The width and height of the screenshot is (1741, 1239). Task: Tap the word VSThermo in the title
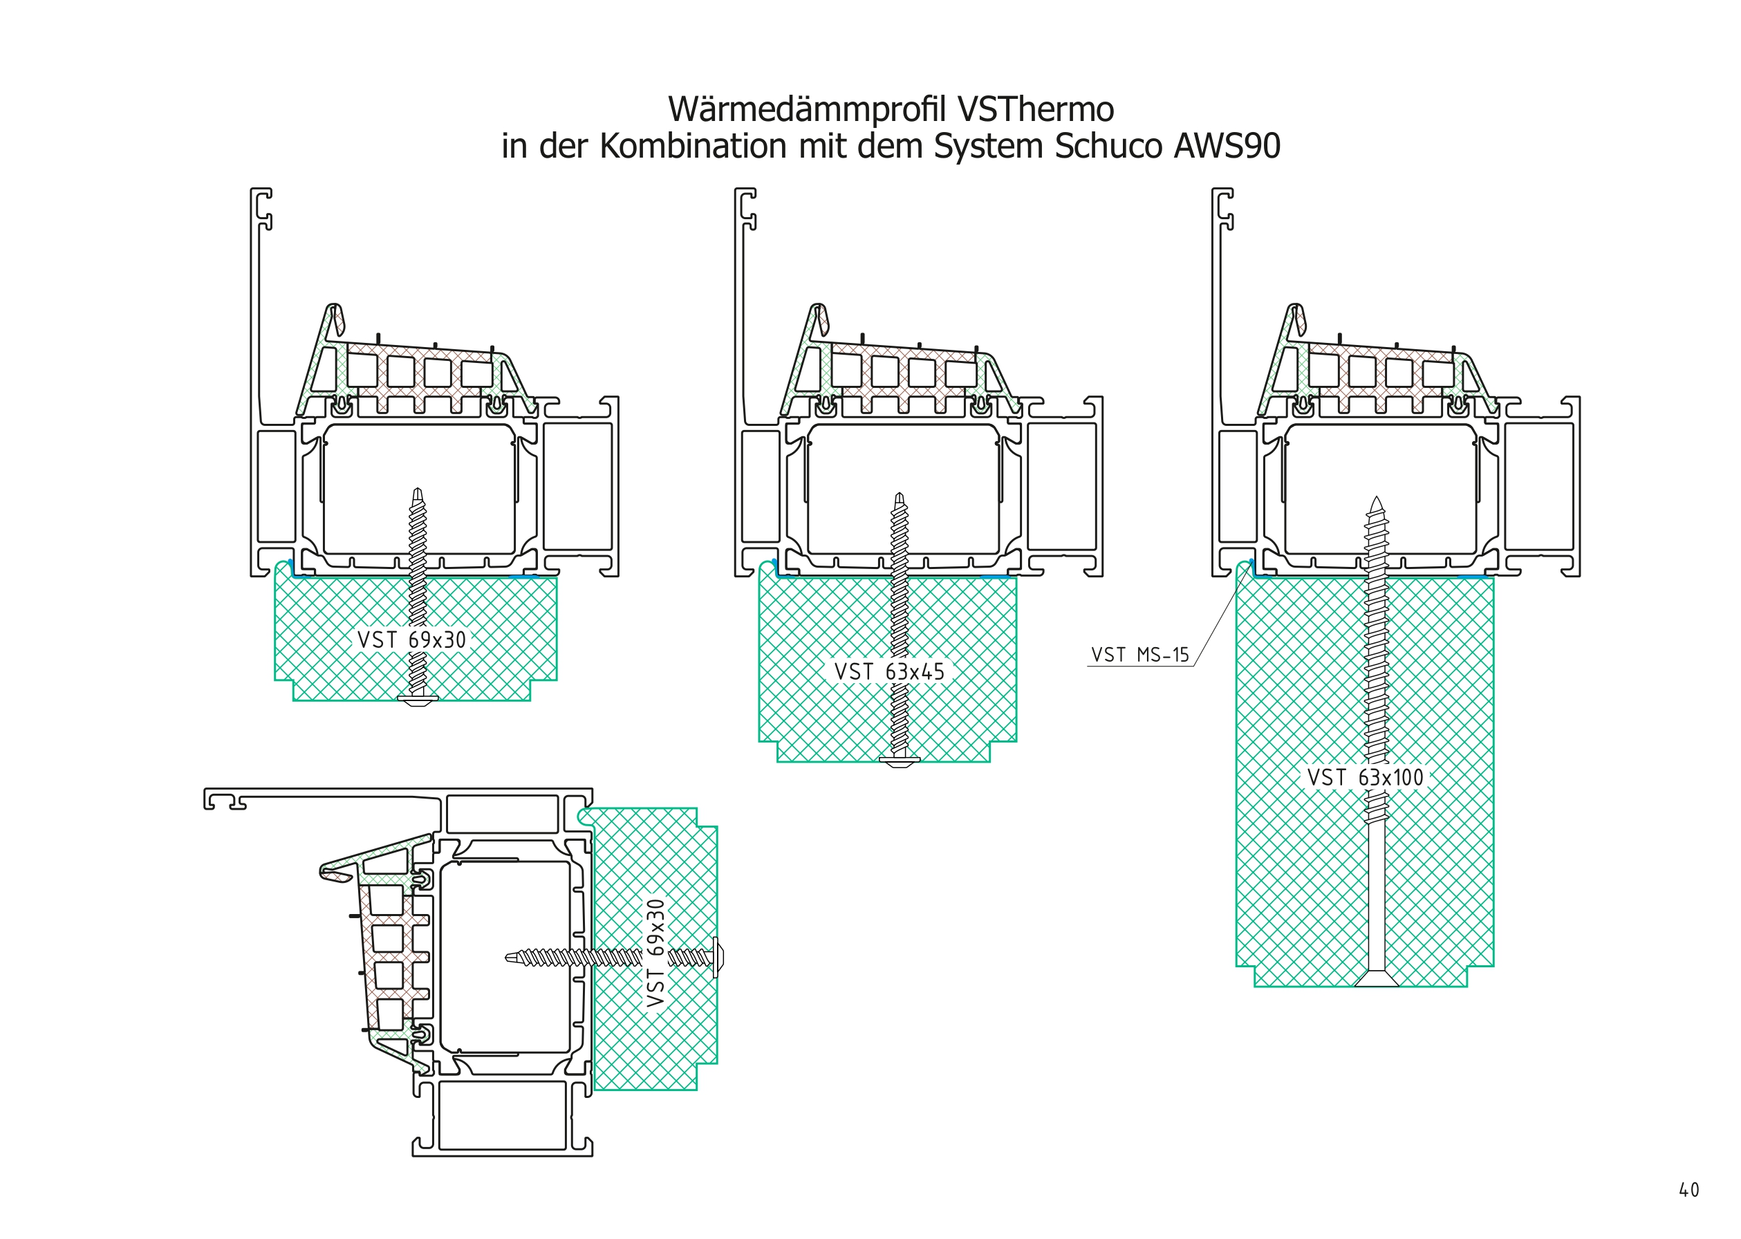(x=1035, y=110)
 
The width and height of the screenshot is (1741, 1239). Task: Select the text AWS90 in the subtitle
(x=1227, y=147)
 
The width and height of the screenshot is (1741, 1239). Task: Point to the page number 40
(x=1689, y=1190)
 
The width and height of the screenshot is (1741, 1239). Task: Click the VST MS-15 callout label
(x=1140, y=655)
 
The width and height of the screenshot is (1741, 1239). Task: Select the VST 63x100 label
(x=1366, y=777)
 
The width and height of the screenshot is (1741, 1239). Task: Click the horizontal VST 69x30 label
(x=411, y=640)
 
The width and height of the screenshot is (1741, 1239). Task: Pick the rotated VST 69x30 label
(x=656, y=953)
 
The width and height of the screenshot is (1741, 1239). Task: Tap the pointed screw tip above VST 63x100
(x=1377, y=505)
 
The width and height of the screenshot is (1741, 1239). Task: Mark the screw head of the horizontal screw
(x=717, y=956)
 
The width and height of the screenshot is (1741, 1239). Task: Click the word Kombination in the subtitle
(x=693, y=147)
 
